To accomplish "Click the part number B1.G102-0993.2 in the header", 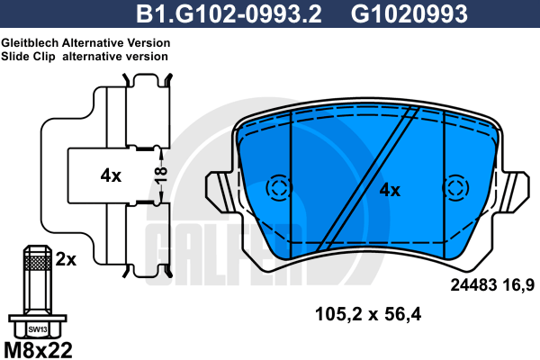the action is point(229,13).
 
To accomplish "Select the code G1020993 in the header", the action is point(409,13).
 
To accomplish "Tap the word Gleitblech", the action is point(30,42).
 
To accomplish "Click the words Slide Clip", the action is point(28,57).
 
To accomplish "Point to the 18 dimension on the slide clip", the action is point(161,175).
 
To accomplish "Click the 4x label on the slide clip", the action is point(111,176).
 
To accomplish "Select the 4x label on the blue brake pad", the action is point(390,190).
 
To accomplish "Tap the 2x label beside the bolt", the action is point(66,259).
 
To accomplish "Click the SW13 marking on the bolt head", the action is point(38,329).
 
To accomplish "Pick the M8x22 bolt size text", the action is point(38,350).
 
